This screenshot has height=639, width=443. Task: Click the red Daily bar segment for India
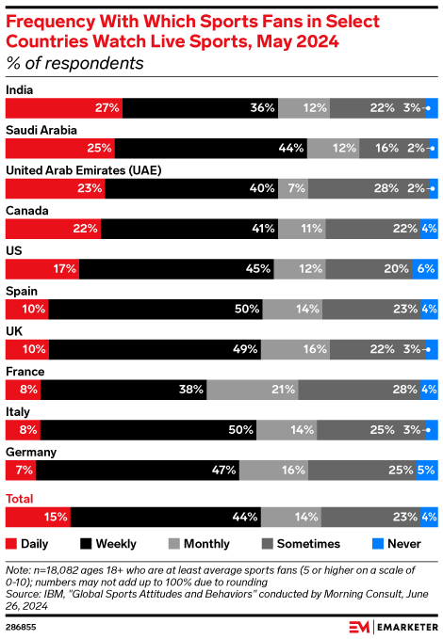pos(64,107)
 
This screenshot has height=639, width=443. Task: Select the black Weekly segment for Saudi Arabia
pos(212,148)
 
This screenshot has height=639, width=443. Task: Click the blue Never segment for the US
pos(425,268)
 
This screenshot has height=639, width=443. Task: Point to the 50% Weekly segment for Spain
pos(155,309)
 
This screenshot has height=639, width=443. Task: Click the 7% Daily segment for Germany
pos(21,471)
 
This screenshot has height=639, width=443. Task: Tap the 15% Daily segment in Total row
pos(38,517)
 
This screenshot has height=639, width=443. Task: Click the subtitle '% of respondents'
pos(74,64)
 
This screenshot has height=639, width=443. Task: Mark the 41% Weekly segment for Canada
pos(189,229)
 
